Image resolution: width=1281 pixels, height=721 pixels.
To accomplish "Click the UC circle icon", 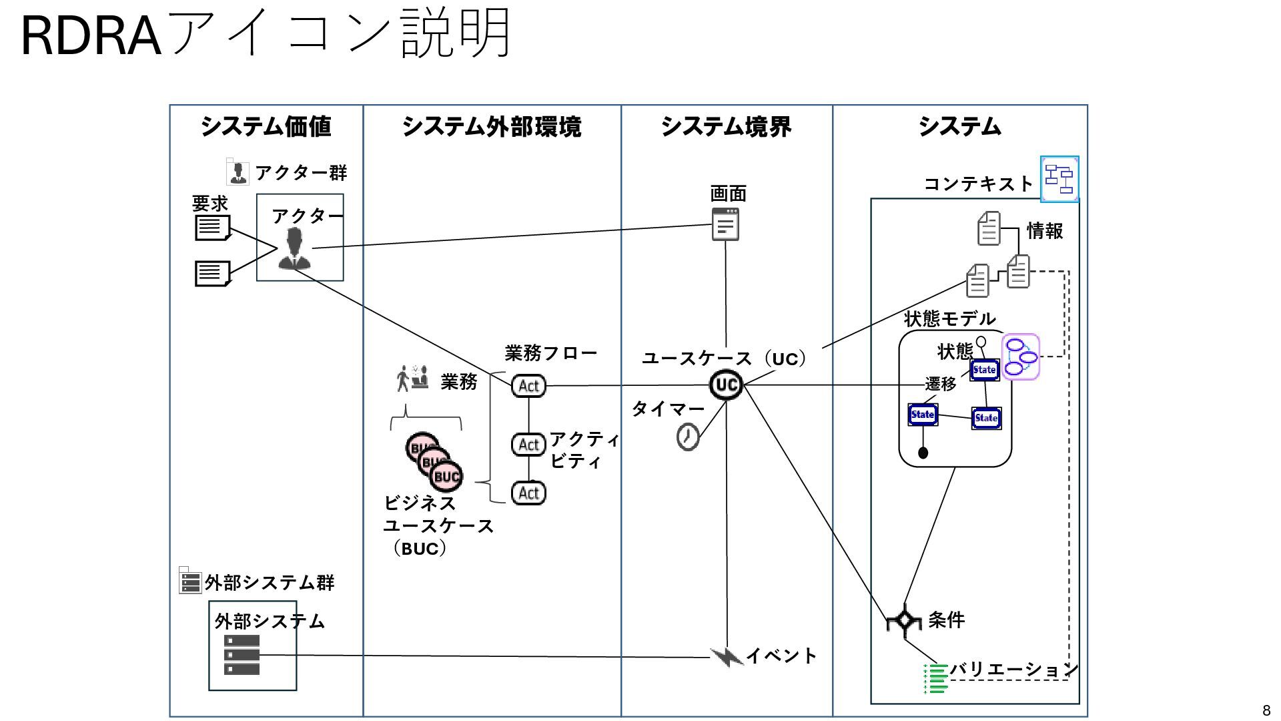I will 726,385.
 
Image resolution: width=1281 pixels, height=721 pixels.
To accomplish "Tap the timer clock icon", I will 688,437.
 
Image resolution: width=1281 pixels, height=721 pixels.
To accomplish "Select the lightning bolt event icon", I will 727,657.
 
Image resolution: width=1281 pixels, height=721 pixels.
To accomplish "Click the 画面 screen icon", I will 725,224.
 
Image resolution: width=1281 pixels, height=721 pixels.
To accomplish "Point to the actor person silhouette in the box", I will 294,248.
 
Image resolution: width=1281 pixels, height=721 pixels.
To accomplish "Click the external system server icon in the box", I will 242,655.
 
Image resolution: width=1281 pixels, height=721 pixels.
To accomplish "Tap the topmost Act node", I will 528,386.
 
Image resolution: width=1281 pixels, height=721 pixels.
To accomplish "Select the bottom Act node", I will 528,493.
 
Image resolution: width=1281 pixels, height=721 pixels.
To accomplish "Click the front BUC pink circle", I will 446,476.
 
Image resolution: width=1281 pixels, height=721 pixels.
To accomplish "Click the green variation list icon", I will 935,678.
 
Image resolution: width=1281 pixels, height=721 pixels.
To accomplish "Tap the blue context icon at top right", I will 1059,179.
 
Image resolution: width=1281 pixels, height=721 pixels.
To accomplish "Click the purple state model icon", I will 1021,356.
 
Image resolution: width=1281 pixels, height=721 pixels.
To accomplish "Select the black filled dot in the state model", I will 923,453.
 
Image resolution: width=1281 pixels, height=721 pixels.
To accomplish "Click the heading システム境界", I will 726,126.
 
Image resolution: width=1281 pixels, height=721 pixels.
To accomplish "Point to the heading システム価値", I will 266,126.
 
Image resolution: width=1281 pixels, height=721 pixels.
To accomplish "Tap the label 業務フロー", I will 550,352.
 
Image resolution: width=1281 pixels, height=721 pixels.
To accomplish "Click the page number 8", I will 1266,710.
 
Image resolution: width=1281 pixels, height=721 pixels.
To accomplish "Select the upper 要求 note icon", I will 212,228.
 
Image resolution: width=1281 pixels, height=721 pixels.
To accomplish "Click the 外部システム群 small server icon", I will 190,581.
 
